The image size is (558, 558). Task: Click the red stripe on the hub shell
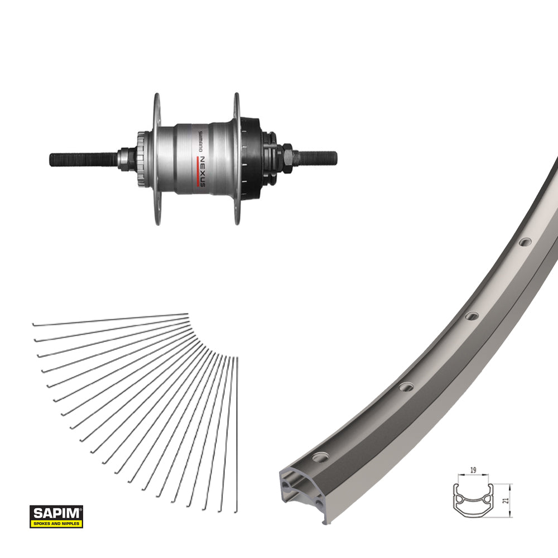[197, 171]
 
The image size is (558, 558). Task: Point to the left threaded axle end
[84, 160]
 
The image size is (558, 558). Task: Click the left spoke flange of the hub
[157, 158]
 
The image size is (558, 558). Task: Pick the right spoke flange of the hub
[237, 158]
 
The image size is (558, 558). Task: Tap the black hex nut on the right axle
[287, 158]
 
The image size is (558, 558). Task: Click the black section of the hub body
[252, 158]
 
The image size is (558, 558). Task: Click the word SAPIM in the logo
[56, 513]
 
